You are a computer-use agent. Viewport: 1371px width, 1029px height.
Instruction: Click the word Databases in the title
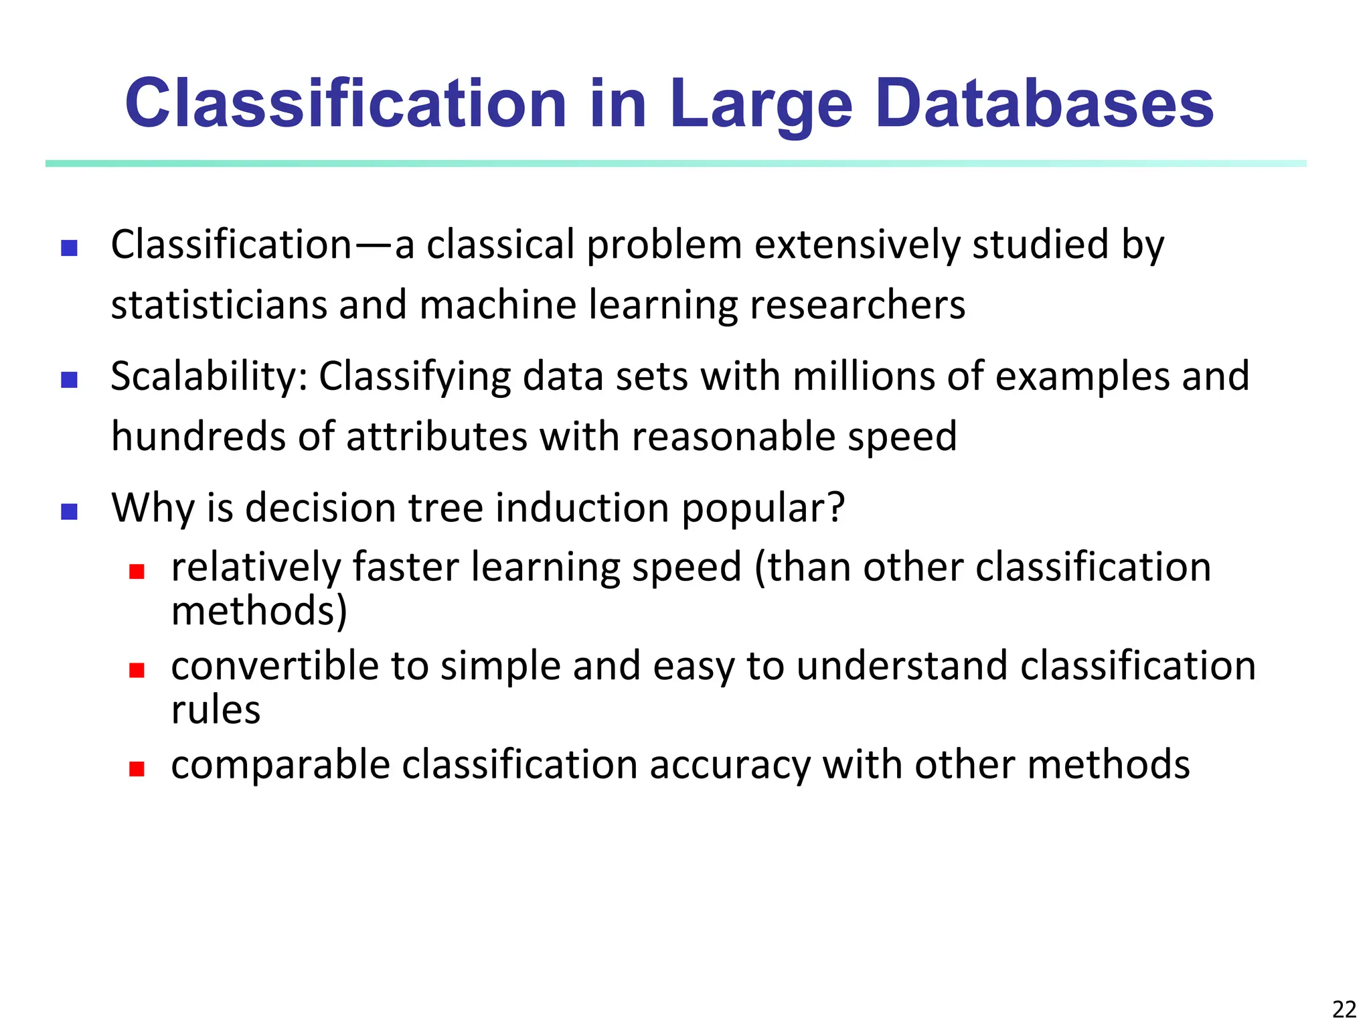point(1044,104)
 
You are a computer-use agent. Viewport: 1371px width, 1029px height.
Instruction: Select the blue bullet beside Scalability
point(70,380)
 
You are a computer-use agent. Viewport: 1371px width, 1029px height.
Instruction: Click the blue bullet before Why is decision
point(70,512)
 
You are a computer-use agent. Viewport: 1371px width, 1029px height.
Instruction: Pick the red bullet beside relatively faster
point(137,571)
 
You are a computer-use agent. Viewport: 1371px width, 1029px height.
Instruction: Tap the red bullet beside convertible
point(137,670)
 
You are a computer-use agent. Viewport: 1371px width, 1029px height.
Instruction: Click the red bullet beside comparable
point(137,768)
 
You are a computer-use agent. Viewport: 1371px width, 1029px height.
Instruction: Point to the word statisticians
point(218,305)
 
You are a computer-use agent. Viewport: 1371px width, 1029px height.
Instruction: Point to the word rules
point(216,710)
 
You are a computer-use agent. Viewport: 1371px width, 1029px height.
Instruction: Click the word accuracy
point(730,766)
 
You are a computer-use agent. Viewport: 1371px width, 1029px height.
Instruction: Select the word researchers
point(858,305)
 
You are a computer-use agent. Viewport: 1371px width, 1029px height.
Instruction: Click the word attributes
point(436,437)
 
